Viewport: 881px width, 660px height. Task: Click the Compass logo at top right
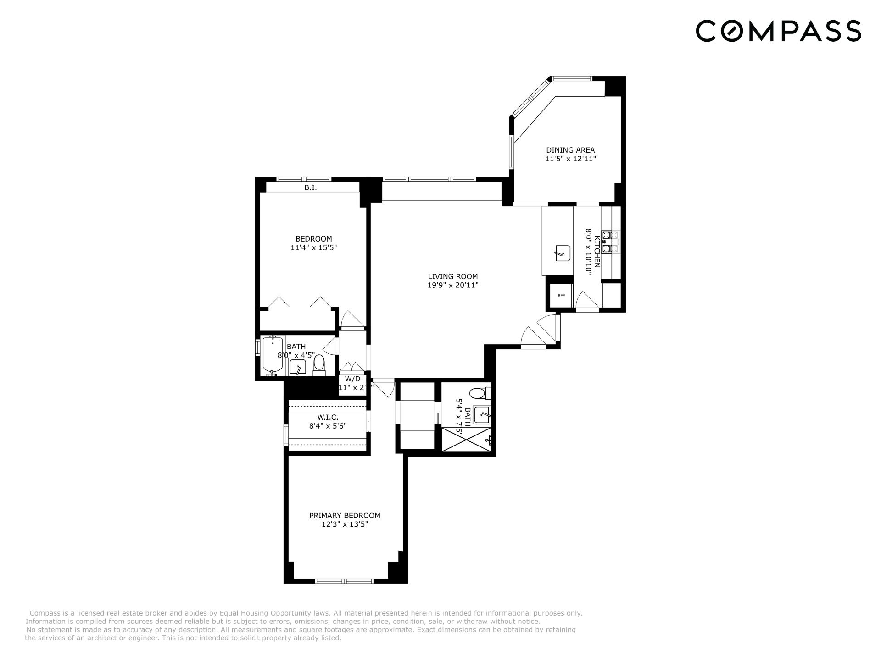778,31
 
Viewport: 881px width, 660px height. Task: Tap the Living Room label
452,276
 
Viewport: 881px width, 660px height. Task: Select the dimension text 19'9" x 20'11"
452,285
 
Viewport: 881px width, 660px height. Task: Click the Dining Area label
570,150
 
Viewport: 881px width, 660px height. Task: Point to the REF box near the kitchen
561,296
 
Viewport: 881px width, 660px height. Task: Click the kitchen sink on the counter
562,253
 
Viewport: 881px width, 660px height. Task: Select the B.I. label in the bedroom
311,188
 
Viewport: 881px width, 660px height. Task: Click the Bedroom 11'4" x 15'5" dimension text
314,247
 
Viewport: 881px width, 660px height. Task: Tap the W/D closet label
352,379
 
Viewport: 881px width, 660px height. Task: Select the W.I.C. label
328,417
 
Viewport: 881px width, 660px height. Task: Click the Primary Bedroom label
345,515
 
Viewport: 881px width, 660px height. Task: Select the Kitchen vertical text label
597,252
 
